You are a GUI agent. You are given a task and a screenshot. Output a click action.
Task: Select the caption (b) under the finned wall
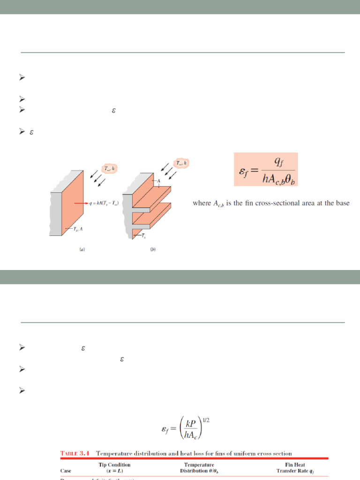(153, 250)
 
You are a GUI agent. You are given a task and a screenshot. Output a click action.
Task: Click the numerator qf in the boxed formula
(278, 163)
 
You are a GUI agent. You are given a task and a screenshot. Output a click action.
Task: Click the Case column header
(66, 471)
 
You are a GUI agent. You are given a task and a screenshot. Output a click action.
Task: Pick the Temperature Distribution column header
(199, 468)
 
